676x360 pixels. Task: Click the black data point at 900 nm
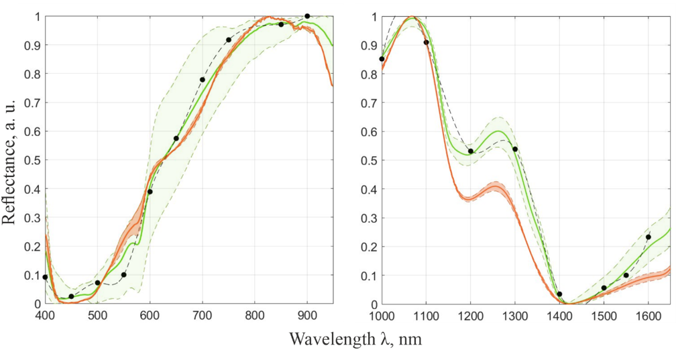pos(307,16)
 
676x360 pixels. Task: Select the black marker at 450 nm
pos(71,296)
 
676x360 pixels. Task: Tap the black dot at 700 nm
pos(202,80)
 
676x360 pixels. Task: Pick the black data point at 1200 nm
pos(471,151)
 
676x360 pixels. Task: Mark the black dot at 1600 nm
pos(648,237)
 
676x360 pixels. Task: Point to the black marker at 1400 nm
pos(559,294)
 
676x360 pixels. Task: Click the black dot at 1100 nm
pos(426,42)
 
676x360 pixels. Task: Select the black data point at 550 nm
pos(123,275)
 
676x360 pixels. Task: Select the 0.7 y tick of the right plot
pos(368,103)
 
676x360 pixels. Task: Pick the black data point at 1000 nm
pos(382,59)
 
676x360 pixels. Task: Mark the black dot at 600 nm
pos(150,192)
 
